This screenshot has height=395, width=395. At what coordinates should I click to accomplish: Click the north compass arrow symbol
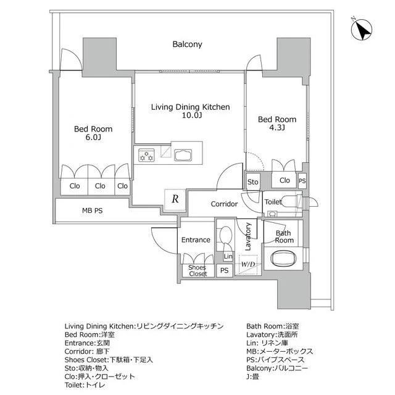coord(362,29)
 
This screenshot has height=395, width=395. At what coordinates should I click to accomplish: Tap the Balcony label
coord(187,44)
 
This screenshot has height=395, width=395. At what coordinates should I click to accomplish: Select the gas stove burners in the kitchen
coord(146,155)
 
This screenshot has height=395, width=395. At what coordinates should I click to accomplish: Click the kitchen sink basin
coord(183,155)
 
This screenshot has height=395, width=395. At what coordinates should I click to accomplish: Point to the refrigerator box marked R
coord(175,199)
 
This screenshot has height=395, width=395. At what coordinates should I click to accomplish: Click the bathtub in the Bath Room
coord(283,258)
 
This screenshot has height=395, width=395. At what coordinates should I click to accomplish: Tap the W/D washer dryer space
coord(248,265)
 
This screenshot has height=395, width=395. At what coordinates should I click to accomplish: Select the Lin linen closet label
coord(228,257)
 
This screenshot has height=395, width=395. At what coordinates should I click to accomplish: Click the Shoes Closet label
coord(197,270)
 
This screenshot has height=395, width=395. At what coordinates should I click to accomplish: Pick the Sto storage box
coord(252,181)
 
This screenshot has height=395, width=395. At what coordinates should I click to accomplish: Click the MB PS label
coord(92,210)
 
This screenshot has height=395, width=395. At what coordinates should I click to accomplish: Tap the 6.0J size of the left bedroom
coord(93,137)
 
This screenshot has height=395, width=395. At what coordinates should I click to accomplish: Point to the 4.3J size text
coord(277,128)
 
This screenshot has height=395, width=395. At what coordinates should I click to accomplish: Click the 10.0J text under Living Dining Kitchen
coord(192,115)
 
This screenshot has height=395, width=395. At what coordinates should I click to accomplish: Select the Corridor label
coord(224,204)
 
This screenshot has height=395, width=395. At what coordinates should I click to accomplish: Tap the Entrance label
coord(196,240)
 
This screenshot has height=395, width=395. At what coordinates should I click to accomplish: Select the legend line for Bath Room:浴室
coord(273,326)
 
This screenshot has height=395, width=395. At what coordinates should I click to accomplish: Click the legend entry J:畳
coord(252,376)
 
